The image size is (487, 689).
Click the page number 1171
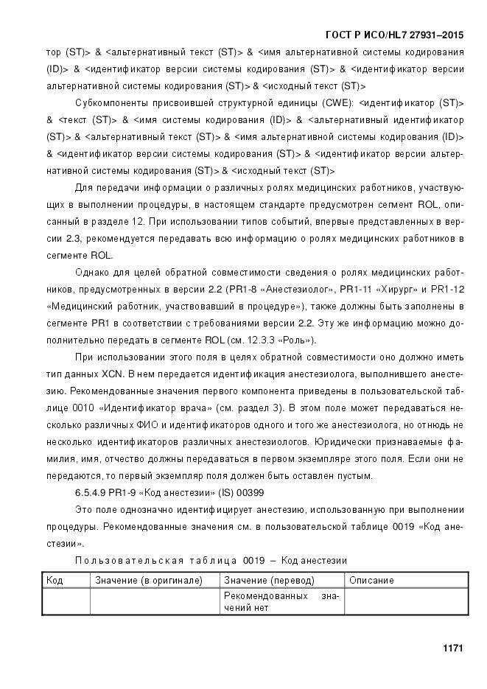(452, 648)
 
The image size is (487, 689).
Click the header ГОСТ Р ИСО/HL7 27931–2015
(395, 35)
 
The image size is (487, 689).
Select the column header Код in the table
(55, 580)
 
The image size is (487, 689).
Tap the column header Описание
(371, 580)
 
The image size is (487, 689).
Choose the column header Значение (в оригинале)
(149, 580)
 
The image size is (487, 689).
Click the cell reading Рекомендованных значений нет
(281, 601)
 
